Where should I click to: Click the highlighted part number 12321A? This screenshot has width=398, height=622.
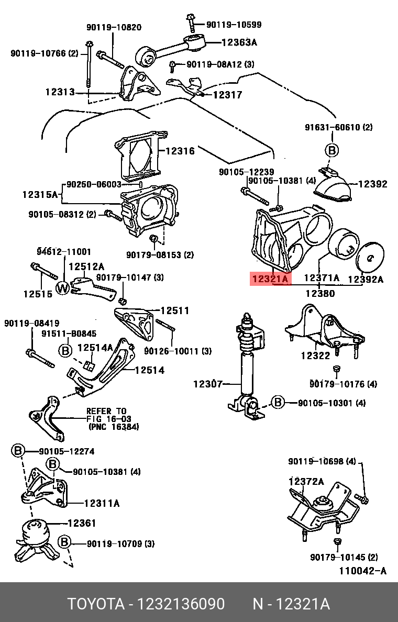pyautogui.click(x=270, y=279)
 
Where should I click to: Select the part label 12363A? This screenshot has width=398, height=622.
pyautogui.click(x=239, y=43)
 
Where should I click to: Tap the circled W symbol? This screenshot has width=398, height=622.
pyautogui.click(x=63, y=287)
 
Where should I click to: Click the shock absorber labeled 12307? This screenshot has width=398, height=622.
pyautogui.click(x=246, y=366)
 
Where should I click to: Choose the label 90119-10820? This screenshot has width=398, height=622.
pyautogui.click(x=114, y=27)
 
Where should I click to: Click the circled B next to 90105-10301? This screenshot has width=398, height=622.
pyautogui.click(x=277, y=403)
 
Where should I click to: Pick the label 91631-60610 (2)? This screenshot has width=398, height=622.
pyautogui.click(x=339, y=127)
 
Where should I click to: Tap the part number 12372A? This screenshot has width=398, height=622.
pyautogui.click(x=306, y=481)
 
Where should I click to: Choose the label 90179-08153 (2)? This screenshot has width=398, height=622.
pyautogui.click(x=160, y=255)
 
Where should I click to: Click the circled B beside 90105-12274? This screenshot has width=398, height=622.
pyautogui.click(x=18, y=451)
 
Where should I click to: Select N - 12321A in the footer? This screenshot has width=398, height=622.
pyautogui.click(x=291, y=604)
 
